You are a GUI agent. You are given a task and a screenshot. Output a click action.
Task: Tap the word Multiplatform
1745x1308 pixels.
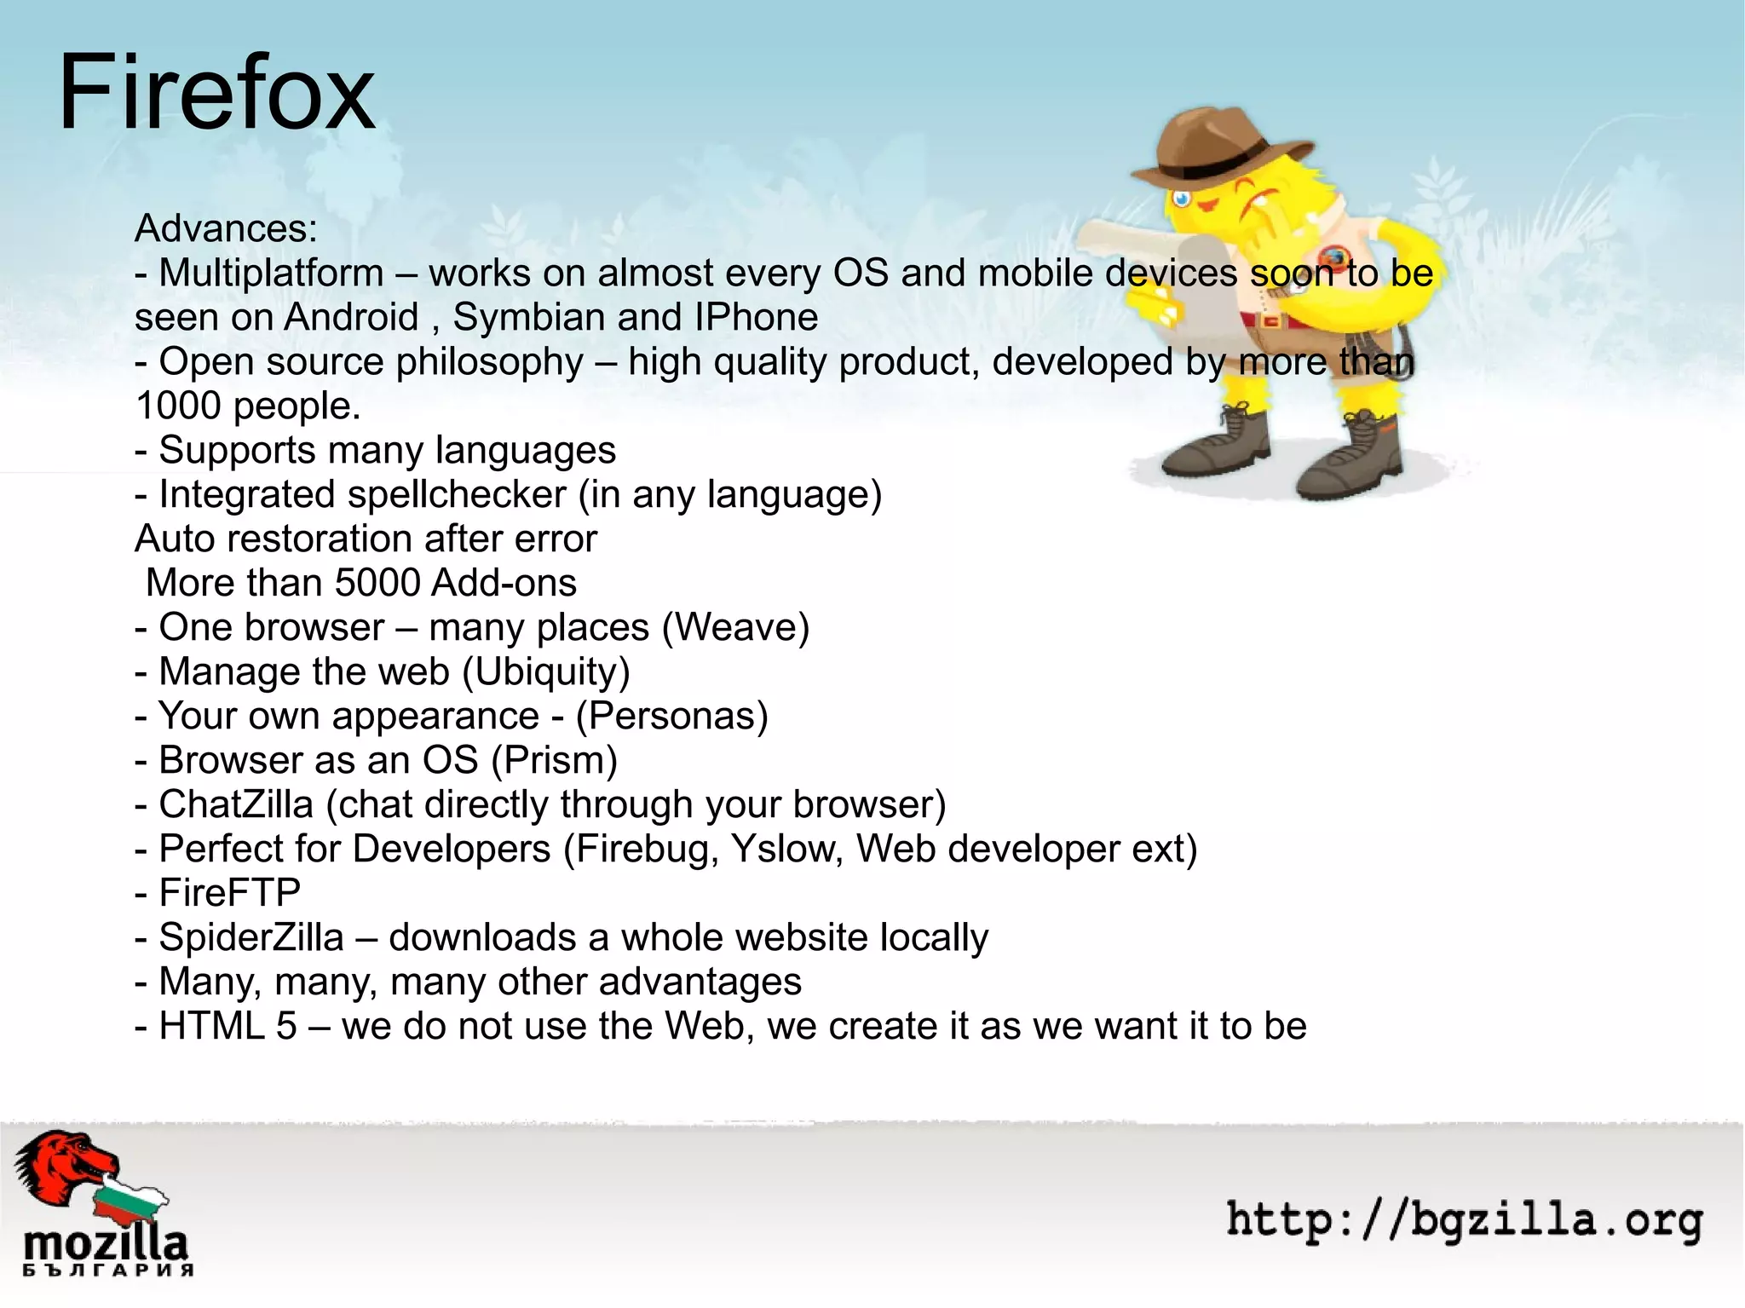click(271, 273)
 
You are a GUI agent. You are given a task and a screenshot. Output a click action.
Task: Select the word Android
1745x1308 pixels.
click(351, 317)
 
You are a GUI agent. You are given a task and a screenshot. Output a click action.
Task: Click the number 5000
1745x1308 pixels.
click(377, 583)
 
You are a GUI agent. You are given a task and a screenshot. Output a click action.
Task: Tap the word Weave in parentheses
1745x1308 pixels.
click(734, 627)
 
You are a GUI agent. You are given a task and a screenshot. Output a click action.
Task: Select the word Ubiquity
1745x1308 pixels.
click(545, 671)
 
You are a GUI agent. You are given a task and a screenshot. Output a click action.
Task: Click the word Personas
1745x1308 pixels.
click(671, 716)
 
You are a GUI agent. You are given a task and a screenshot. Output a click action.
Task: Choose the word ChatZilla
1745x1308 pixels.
click(236, 804)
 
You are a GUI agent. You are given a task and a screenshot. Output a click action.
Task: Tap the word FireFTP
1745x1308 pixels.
click(230, 893)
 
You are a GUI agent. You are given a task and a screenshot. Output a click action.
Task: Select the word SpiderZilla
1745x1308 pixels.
click(251, 937)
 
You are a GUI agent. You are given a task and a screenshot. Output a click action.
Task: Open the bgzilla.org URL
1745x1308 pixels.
click(1464, 1220)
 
